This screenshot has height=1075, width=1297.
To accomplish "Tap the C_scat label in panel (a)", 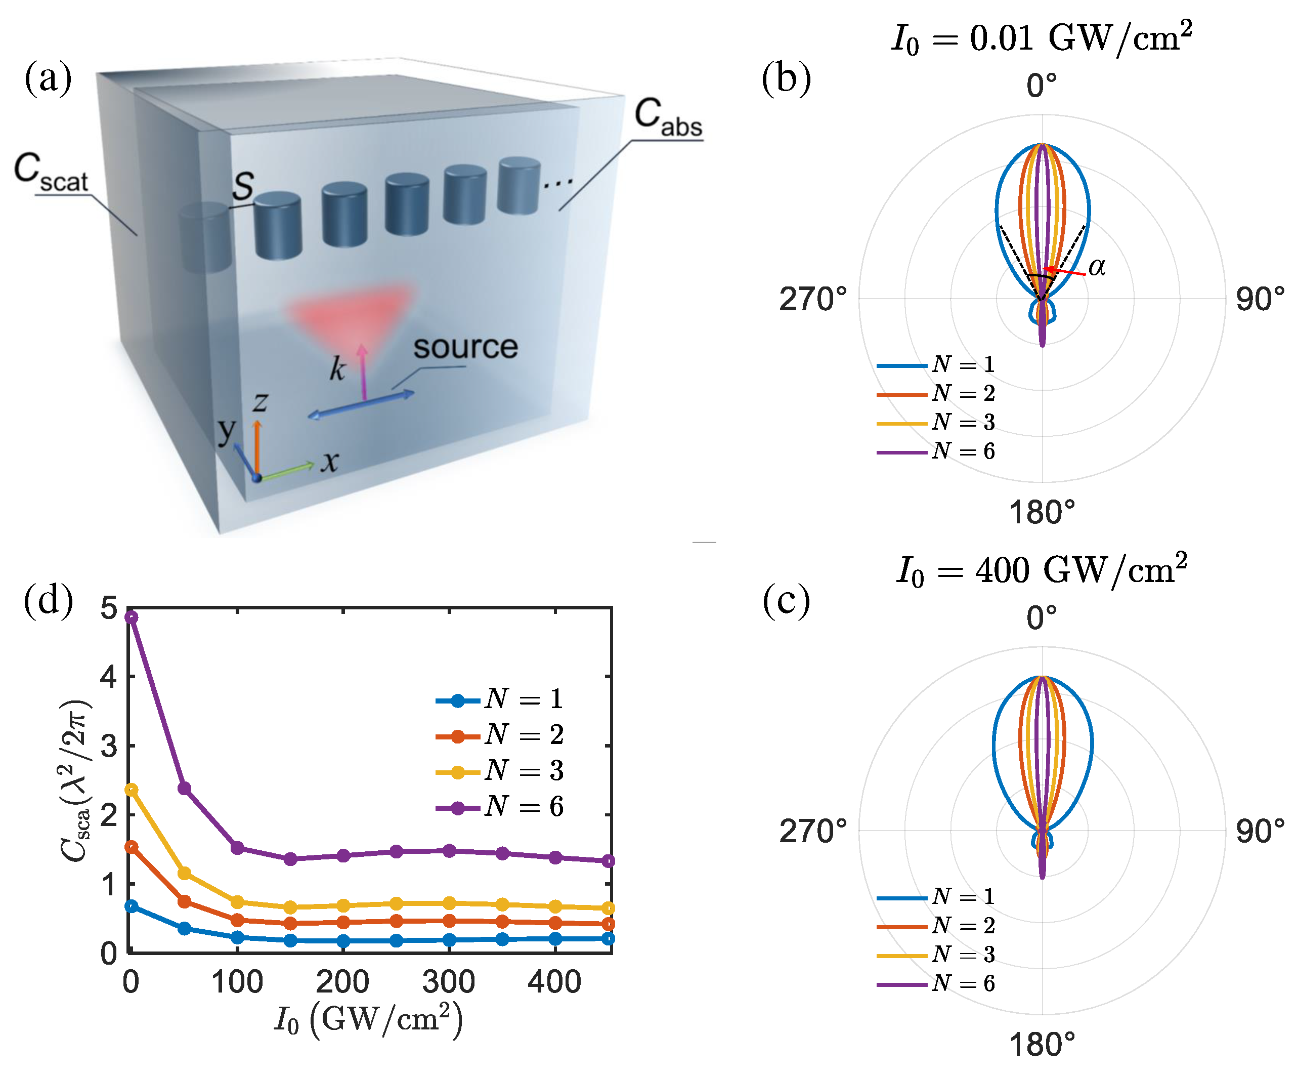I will [x=51, y=173].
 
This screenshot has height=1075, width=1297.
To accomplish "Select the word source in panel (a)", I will [x=465, y=347].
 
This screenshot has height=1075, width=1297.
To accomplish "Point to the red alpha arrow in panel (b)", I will [x=1065, y=271].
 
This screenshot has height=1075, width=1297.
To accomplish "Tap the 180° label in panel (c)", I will [x=1042, y=1044].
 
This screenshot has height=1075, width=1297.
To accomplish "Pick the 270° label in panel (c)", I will [x=812, y=831].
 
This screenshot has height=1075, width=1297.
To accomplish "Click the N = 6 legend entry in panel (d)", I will [x=500, y=807].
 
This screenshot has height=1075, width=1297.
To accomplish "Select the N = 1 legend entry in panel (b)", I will [x=936, y=364].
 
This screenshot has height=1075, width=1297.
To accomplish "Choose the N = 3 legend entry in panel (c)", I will [x=936, y=955].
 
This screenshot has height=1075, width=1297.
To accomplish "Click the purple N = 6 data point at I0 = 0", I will [x=131, y=616].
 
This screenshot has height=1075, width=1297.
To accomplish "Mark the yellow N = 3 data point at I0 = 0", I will [x=131, y=790].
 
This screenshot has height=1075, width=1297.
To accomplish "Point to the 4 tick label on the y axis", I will [x=109, y=677].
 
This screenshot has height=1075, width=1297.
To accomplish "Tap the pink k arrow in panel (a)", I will [x=363, y=370].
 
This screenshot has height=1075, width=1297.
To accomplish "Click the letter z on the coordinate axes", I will [x=260, y=402].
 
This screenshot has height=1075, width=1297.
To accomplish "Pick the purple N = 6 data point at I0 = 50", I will [x=184, y=789].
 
